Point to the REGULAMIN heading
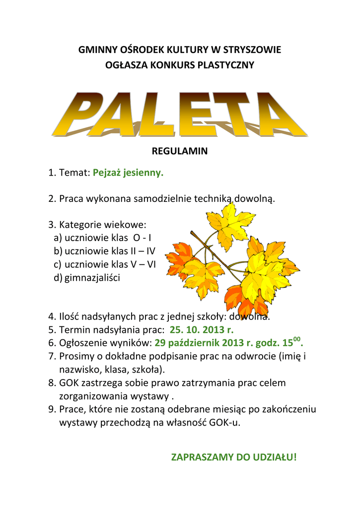pos(180,151)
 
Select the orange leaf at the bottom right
pos(241,300)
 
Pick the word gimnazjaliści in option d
pos(92,278)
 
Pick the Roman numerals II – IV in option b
pos(140,251)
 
